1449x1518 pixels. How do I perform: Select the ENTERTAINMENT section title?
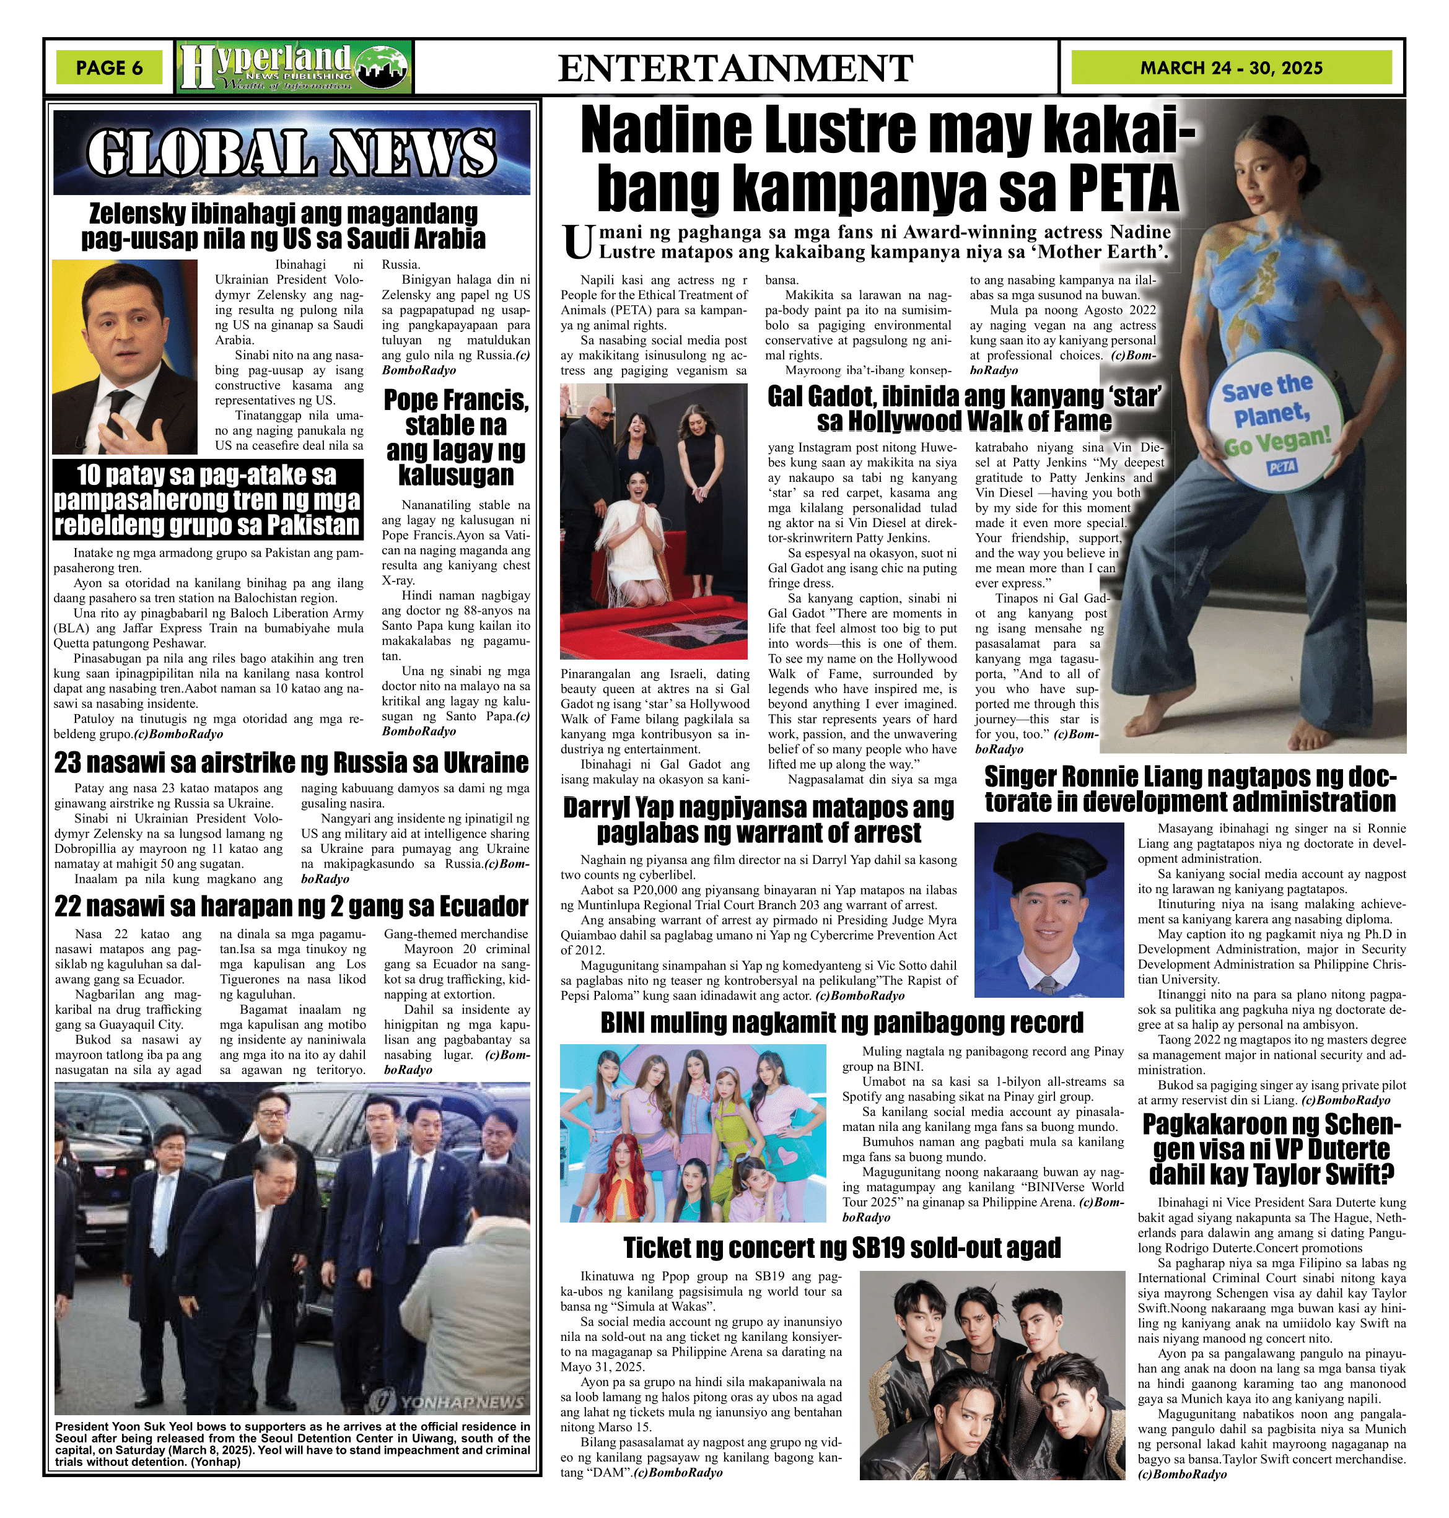coord(735,68)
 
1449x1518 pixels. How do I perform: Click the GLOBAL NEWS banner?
coord(291,151)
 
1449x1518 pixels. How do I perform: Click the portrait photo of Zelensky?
coord(125,356)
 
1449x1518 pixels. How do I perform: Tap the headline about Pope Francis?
coord(456,437)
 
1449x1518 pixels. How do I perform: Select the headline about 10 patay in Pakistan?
coord(207,500)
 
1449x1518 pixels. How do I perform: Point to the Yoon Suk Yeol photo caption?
coord(291,1443)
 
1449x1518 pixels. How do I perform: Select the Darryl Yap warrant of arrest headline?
coord(758,820)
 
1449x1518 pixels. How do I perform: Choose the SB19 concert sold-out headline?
coord(842,1247)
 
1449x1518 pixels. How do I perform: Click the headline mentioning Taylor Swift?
coord(1271,1149)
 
